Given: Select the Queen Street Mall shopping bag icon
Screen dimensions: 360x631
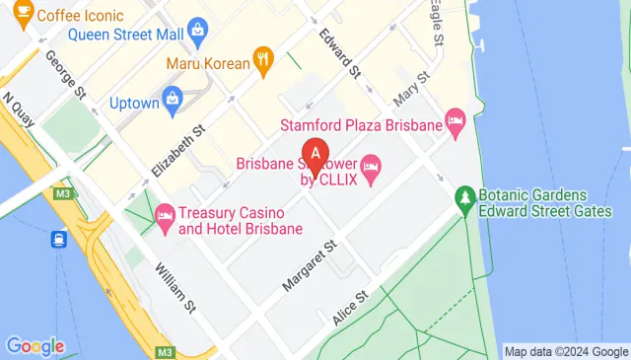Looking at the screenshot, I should pos(197,32).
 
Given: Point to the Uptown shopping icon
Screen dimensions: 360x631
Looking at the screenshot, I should pos(175,99).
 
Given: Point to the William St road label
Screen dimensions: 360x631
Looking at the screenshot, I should pos(175,287).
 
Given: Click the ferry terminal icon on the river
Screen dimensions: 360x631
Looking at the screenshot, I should pos(60,239).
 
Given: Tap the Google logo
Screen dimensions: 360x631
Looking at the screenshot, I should pos(35,346).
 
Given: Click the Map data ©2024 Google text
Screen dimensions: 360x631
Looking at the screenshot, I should pos(565,351).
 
